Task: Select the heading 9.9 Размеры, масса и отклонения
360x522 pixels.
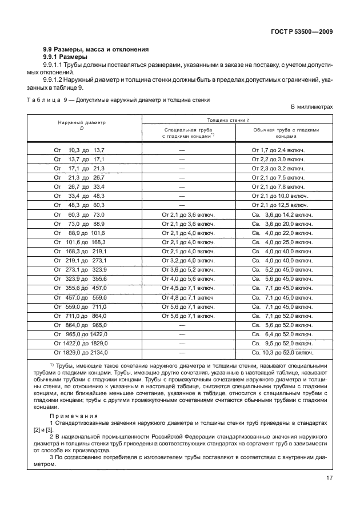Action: (x=97, y=49)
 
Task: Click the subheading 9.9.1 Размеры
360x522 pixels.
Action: (x=66, y=57)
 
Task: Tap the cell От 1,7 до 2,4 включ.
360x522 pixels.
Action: (x=278, y=150)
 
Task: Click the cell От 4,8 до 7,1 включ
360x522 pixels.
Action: (x=188, y=297)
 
